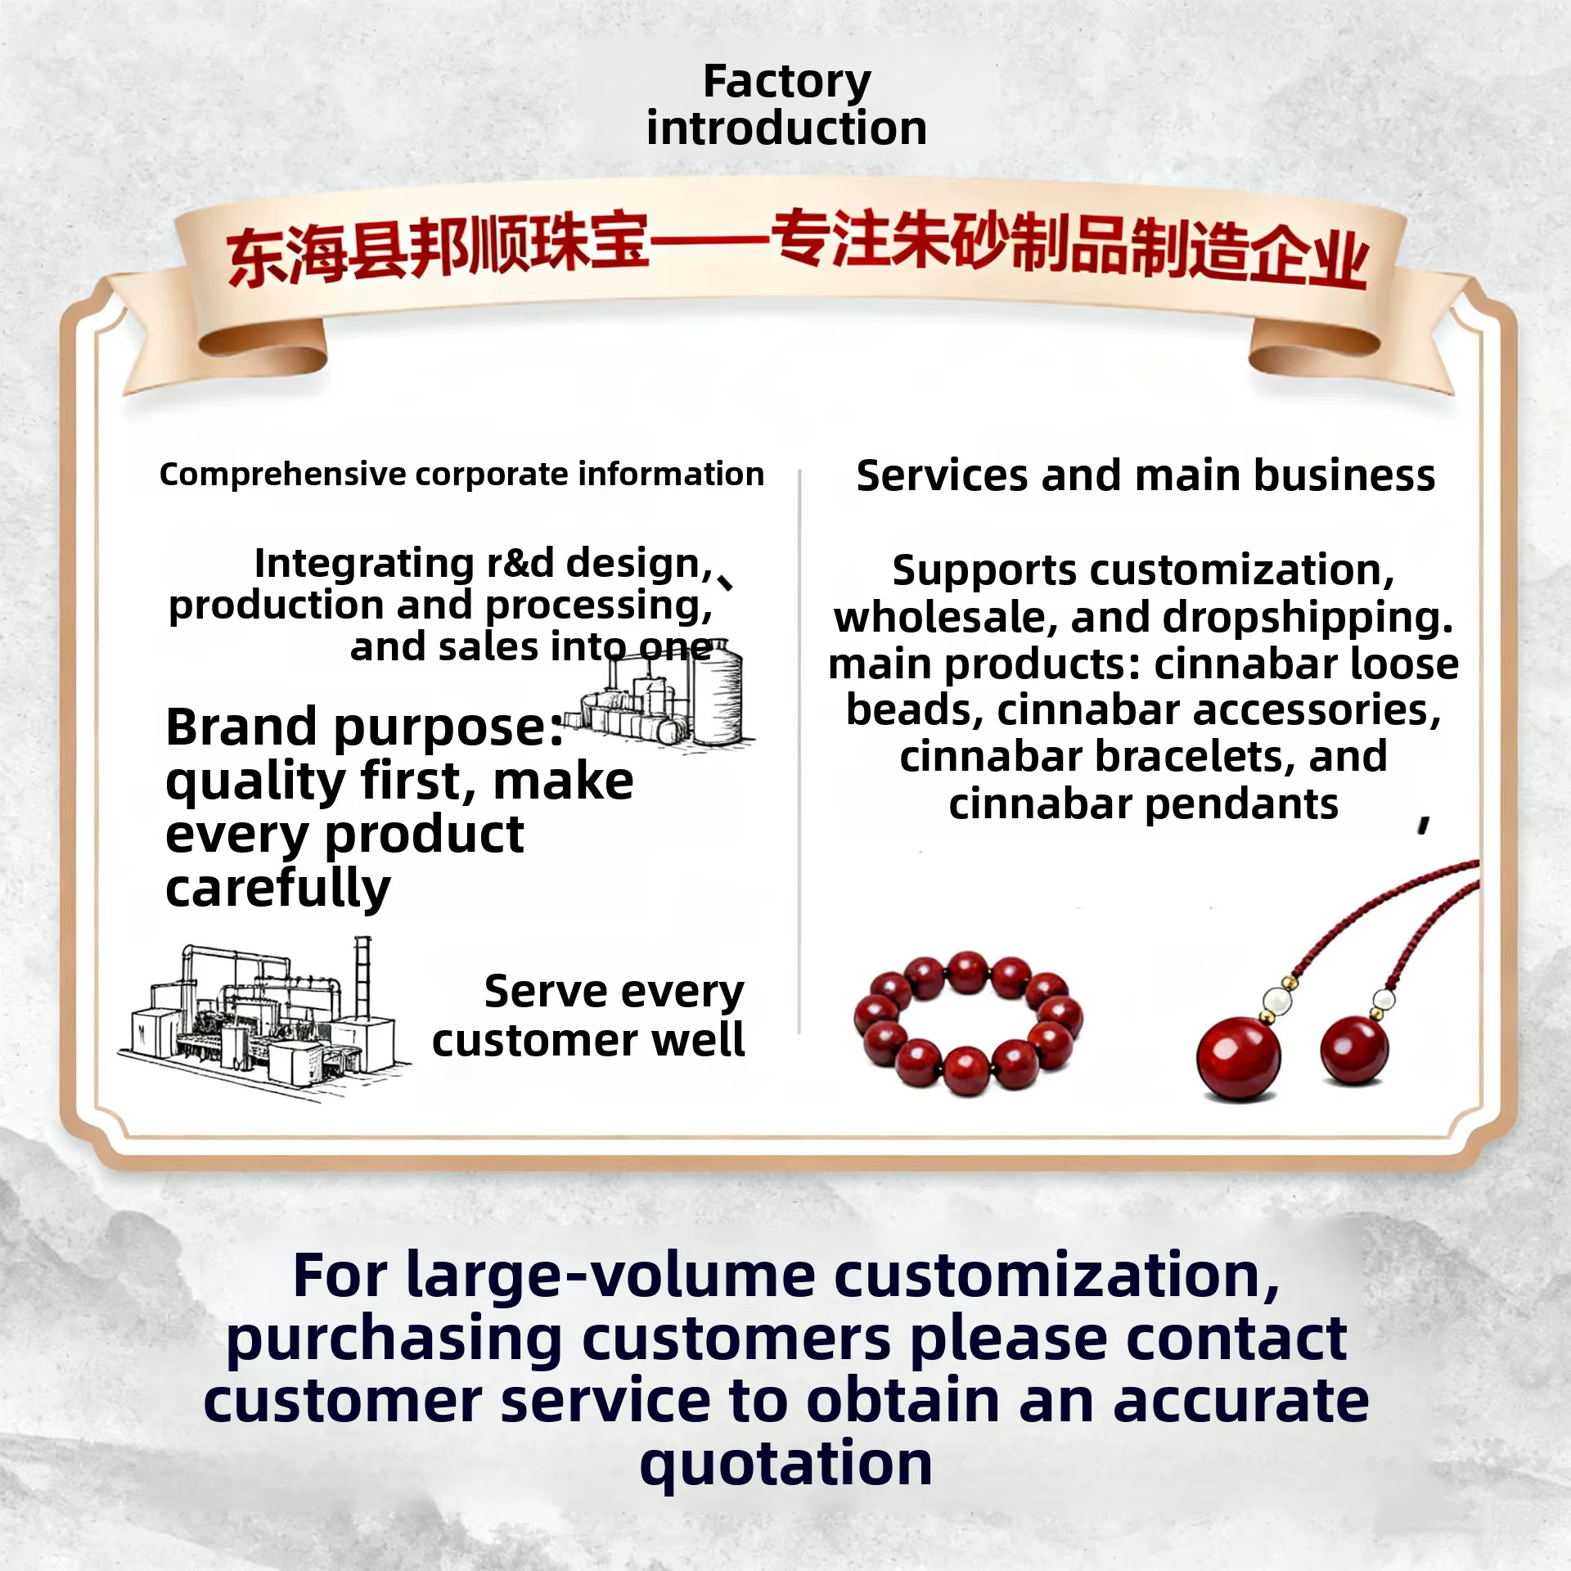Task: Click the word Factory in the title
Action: pyautogui.click(x=786, y=83)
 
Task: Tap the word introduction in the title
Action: pyautogui.click(x=786, y=128)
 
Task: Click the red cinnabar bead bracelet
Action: pyautogui.click(x=967, y=1024)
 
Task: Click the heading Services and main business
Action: pyautogui.click(x=1146, y=475)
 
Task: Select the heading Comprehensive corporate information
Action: pyautogui.click(x=461, y=475)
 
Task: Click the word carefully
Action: pyautogui.click(x=278, y=889)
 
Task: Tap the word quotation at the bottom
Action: pyautogui.click(x=785, y=1466)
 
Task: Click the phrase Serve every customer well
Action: pyautogui.click(x=588, y=1015)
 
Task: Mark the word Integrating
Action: pyautogui.click(x=364, y=563)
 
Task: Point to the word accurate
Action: pyautogui.click(x=1240, y=1402)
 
